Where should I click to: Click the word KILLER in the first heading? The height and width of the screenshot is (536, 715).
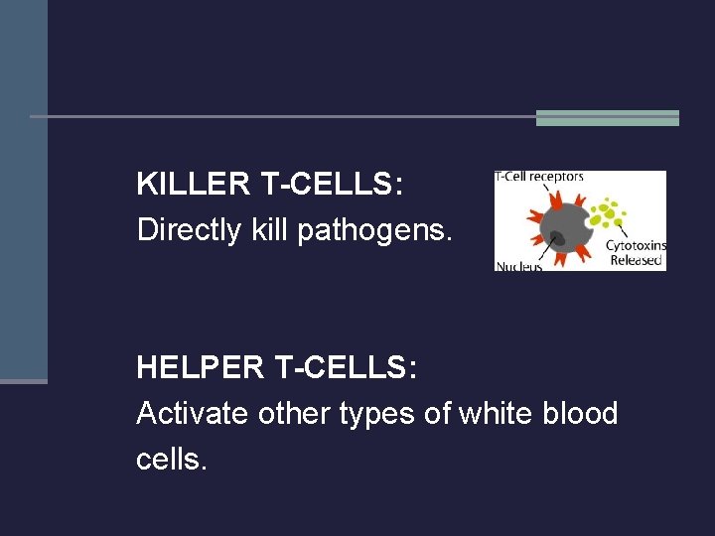pyautogui.click(x=192, y=184)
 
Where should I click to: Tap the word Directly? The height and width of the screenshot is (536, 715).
pyautogui.click(x=189, y=230)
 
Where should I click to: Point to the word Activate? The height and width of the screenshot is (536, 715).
pyautogui.click(x=193, y=413)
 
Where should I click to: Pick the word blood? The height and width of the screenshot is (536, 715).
pyautogui.click(x=582, y=413)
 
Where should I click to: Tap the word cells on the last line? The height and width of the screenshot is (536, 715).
pyautogui.click(x=172, y=459)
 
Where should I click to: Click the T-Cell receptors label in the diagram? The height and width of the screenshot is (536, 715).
pyautogui.click(x=540, y=177)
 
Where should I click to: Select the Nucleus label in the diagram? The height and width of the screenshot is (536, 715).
pyautogui.click(x=518, y=266)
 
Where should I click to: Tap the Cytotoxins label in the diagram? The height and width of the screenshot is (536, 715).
pyautogui.click(x=637, y=246)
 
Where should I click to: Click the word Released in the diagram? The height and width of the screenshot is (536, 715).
pyautogui.click(x=636, y=260)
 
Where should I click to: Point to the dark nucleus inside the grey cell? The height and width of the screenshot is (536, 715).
pyautogui.click(x=558, y=237)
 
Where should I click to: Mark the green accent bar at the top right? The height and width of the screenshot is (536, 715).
pyautogui.click(x=607, y=118)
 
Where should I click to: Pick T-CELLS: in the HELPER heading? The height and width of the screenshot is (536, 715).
pyautogui.click(x=338, y=367)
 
